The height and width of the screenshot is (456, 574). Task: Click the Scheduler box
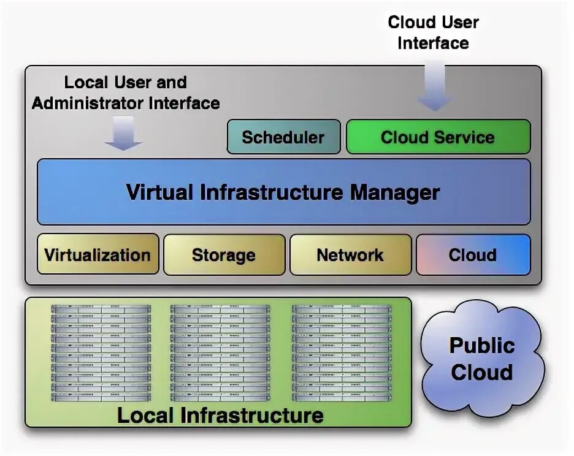pos(283,137)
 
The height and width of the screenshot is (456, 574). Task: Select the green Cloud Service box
pos(438,137)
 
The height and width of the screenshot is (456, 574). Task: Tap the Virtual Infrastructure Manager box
pos(283,192)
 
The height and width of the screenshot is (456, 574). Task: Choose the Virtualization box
pos(98,254)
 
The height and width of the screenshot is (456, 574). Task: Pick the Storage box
pos(224,254)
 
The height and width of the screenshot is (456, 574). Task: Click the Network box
pos(350,254)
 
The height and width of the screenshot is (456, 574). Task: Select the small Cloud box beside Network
pos(473,254)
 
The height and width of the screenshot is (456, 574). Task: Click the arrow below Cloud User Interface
pos(436,86)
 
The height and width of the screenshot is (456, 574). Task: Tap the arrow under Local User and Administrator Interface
pos(123,133)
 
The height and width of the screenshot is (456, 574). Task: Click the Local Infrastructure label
pos(220,415)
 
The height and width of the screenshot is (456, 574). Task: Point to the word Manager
pos(395,192)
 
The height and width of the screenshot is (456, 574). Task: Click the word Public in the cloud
pos(482,345)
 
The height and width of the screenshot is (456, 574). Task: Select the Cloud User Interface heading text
pos(434,32)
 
